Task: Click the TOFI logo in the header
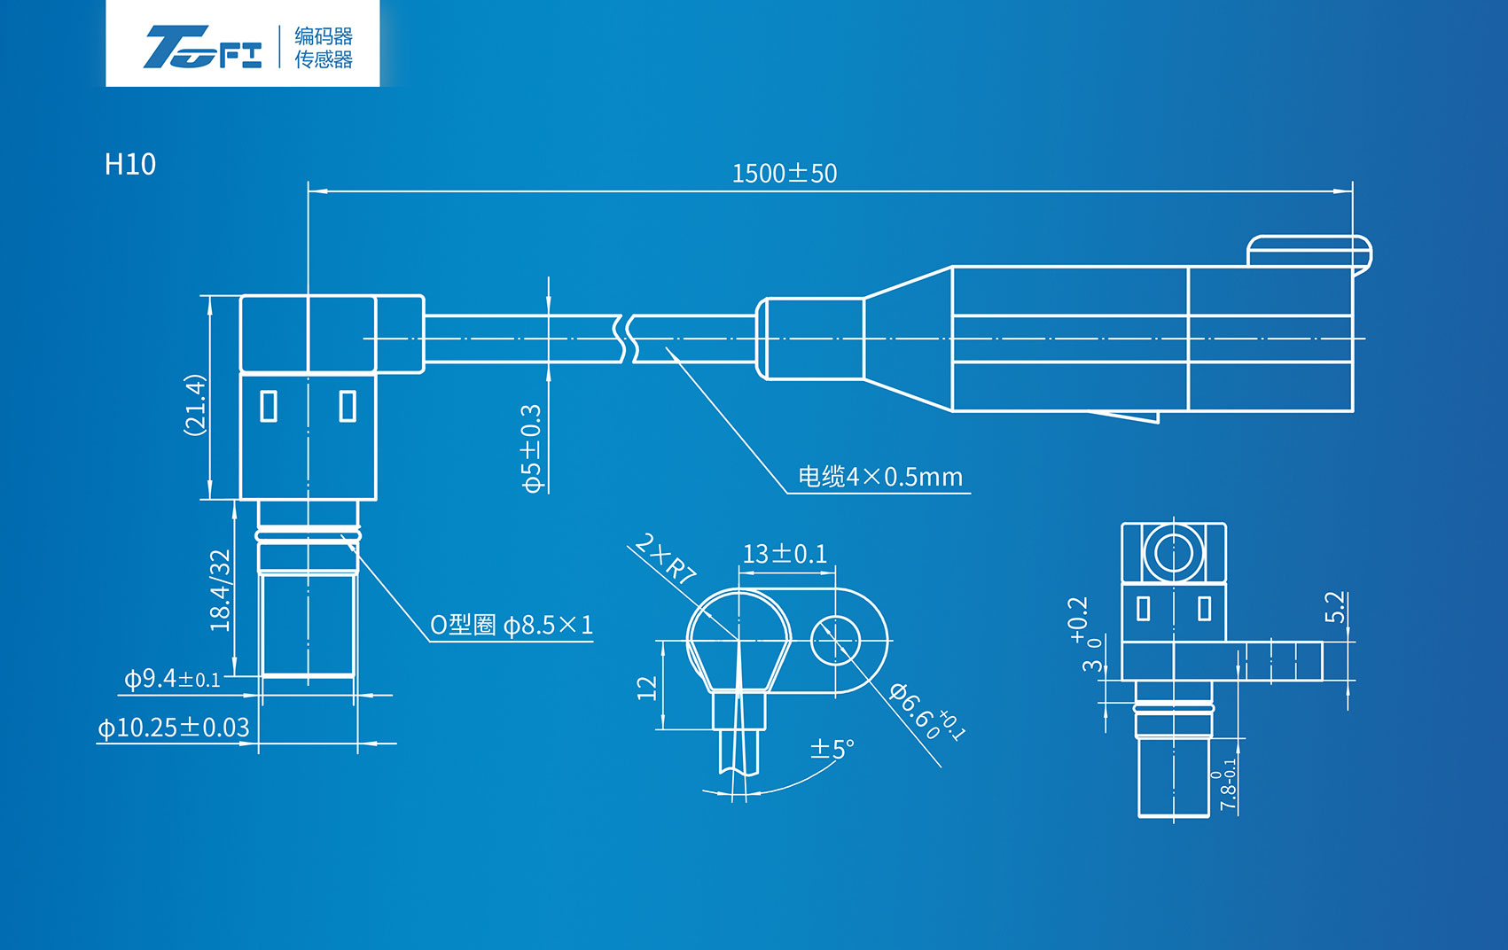point(203,47)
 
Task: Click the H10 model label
point(129,165)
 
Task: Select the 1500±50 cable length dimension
point(784,174)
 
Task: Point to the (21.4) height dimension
point(195,404)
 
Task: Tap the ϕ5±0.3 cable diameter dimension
point(531,448)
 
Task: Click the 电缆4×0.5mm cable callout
point(879,478)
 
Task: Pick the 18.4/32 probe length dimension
point(220,590)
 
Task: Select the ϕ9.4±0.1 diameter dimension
point(172,680)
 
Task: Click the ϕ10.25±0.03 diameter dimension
point(174,728)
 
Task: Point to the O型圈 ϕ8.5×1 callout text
point(512,626)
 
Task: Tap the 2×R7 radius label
point(666,558)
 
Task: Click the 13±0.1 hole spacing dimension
point(785,555)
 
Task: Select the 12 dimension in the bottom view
point(647,688)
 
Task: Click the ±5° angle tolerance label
point(832,749)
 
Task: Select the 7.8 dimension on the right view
point(1228,785)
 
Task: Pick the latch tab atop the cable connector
point(1309,250)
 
